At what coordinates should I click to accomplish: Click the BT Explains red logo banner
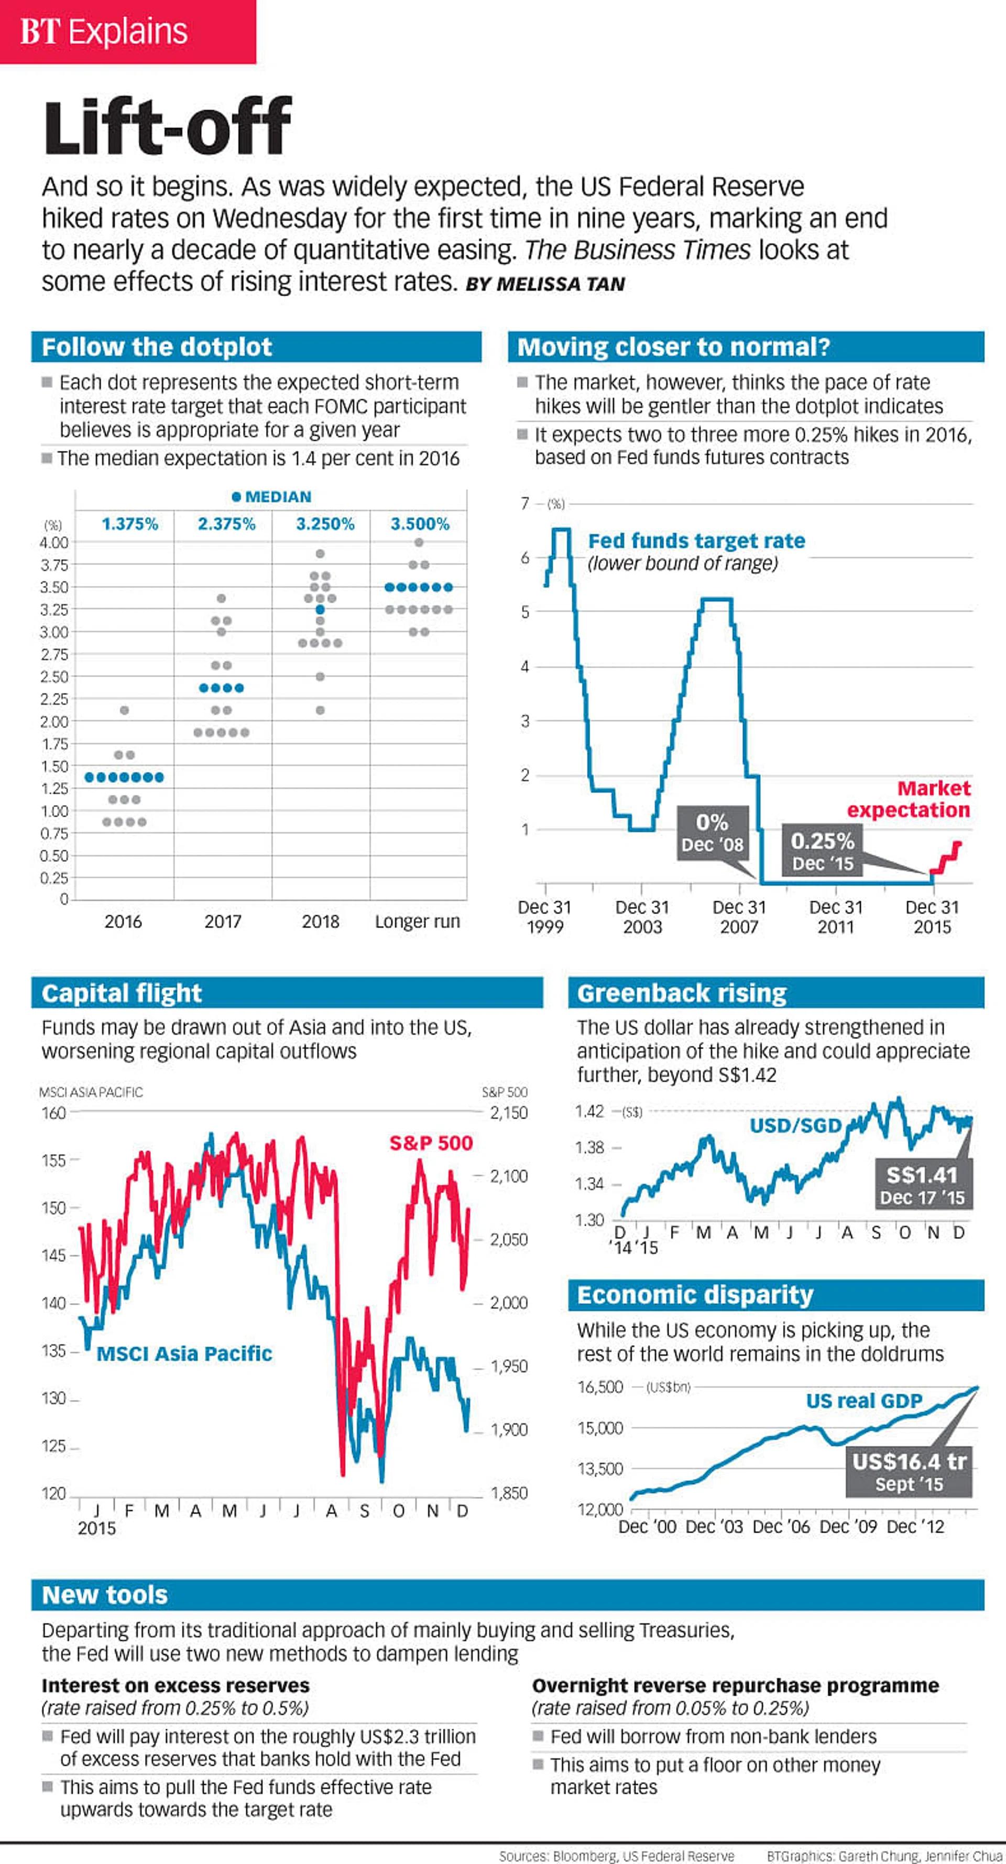click(127, 32)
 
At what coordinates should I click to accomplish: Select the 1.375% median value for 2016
click(129, 524)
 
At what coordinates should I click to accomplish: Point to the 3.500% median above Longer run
click(420, 524)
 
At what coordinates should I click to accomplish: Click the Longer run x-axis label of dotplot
click(417, 921)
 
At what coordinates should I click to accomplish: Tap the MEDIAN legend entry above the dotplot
click(272, 497)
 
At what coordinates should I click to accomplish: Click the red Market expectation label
click(910, 799)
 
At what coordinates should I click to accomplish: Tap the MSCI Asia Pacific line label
click(184, 1353)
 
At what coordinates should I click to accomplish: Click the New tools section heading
click(105, 1595)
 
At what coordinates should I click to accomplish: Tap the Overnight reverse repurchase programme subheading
click(735, 1685)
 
